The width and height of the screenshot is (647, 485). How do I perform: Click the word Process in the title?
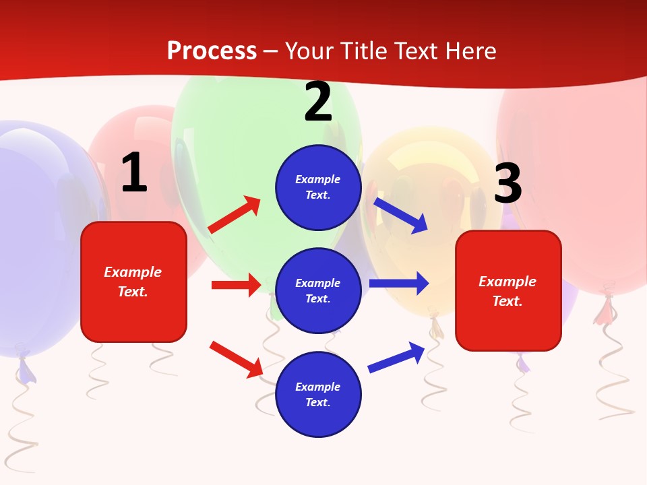coord(212,51)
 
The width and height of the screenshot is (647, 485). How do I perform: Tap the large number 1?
coord(134,173)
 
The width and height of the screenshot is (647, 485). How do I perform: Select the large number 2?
coord(318,102)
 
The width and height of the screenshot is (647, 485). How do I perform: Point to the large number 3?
coord(507,184)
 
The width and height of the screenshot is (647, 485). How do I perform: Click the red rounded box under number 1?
coord(133,282)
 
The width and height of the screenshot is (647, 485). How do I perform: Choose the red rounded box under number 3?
coord(508,291)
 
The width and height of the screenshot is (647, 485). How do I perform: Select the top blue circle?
coord(318,187)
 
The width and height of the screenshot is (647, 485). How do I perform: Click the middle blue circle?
coord(318,291)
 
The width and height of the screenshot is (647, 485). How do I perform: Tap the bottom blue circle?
coord(318,395)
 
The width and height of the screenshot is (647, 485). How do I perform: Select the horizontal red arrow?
coord(236,285)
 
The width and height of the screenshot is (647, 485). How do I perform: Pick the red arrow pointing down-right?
coord(237,359)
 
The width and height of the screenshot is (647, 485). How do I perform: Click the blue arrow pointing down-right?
coord(401,215)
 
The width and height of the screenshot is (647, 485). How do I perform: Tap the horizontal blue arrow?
coord(399,283)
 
